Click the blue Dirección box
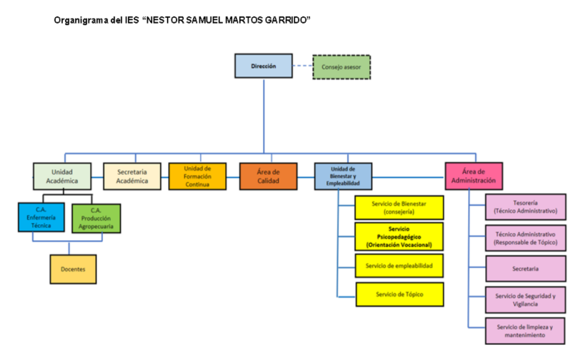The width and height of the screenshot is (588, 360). [263, 66]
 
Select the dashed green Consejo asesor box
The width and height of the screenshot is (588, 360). [342, 66]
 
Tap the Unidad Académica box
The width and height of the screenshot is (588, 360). [61, 176]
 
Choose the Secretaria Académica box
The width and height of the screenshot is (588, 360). [131, 176]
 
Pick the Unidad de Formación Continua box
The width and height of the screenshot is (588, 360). [197, 176]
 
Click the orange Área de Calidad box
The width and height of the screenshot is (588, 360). [268, 176]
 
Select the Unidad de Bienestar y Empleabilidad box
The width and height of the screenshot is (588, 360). [343, 176]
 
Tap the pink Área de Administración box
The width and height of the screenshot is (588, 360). [474, 176]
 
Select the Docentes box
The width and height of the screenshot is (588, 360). [73, 269]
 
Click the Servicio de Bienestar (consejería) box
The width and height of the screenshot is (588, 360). [399, 208]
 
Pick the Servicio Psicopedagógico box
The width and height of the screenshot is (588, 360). [399, 236]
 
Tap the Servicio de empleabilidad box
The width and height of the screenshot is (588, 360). [399, 266]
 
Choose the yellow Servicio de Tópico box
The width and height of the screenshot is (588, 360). [399, 294]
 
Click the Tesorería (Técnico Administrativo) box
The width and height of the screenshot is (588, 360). [525, 207]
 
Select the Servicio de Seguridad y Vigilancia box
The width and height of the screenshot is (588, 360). [525, 299]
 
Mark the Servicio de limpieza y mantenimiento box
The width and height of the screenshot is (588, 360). [525, 331]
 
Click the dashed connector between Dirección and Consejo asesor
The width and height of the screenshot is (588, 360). [302, 66]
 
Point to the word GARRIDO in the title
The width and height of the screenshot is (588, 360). [285, 19]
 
